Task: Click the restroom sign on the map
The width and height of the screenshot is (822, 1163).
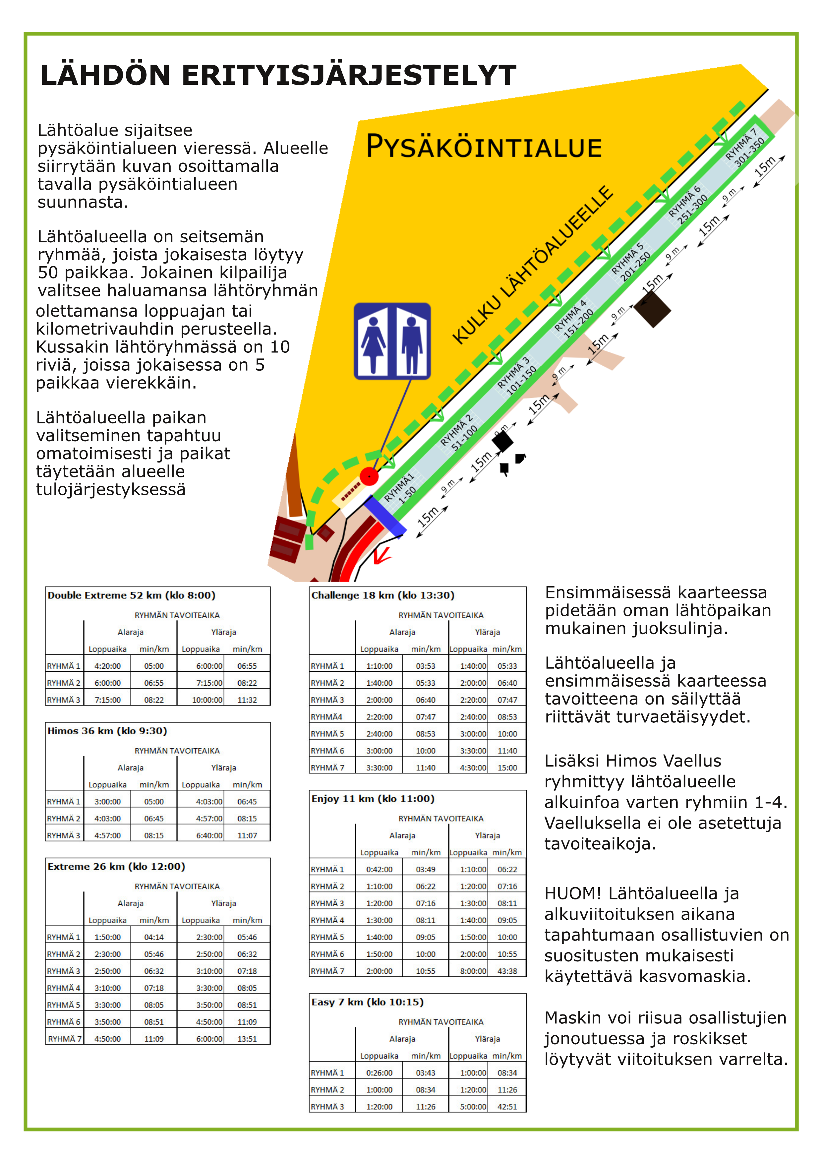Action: coord(392,341)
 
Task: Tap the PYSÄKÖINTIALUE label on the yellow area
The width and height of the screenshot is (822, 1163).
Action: coord(484,147)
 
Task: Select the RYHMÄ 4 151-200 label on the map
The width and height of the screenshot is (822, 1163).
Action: coord(574,318)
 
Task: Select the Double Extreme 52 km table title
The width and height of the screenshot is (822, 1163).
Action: coord(132,595)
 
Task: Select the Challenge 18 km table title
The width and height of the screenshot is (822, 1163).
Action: coord(383,595)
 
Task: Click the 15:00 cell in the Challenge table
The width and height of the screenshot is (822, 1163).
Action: coord(507,768)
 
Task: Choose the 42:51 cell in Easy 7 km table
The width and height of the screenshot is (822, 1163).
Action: coord(507,1107)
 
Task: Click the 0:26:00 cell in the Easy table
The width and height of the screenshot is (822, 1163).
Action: coord(379,1073)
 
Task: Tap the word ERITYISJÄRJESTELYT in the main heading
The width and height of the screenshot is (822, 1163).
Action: coord(349,76)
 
